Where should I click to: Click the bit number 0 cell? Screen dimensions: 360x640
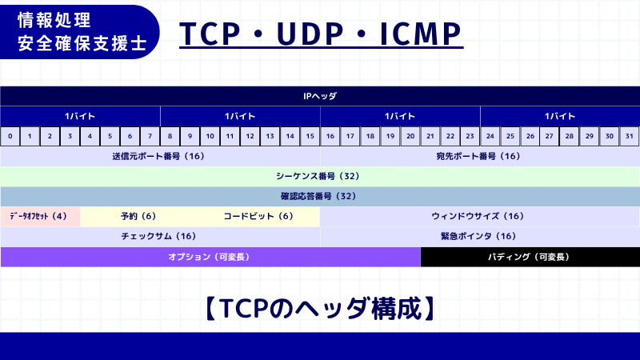[10, 137]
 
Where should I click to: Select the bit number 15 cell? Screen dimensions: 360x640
[310, 137]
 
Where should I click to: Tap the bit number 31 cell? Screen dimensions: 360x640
[630, 137]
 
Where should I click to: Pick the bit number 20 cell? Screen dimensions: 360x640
[410, 137]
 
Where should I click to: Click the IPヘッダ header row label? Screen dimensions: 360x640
[320, 96]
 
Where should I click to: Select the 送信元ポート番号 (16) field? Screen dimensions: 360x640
[159, 157]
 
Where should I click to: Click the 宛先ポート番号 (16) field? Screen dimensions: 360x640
[479, 157]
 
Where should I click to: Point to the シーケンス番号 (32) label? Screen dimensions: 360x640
[320, 176]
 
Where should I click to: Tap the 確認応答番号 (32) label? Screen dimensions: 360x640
[320, 196]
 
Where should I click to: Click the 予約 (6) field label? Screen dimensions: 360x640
[138, 216]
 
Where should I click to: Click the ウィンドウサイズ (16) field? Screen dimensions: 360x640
[479, 216]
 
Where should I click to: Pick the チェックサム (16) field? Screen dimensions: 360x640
[159, 236]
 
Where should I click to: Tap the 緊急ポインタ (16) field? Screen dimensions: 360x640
[479, 236]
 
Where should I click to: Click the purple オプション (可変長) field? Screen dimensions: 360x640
[210, 257]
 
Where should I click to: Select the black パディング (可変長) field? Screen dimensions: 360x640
[530, 257]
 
